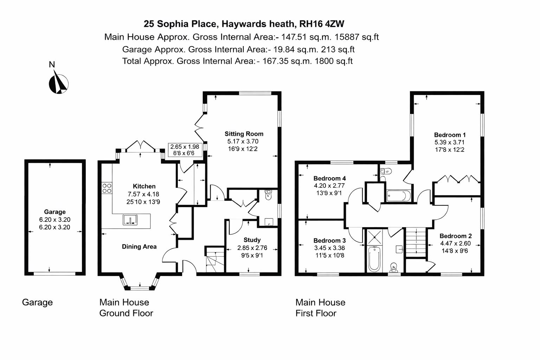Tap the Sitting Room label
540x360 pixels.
coord(244,134)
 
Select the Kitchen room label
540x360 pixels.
coord(144,186)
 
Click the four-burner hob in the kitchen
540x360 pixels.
coord(107,188)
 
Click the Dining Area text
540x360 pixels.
coord(139,247)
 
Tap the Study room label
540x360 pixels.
coord(252,240)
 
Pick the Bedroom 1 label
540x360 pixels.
coord(450,135)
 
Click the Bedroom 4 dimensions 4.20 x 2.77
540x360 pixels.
coord(329,186)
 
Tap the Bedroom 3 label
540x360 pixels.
coord(329,240)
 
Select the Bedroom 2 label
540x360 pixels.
coord(455,236)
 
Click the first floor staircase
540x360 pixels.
coord(416,243)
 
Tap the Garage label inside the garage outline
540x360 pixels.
coord(54,212)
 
